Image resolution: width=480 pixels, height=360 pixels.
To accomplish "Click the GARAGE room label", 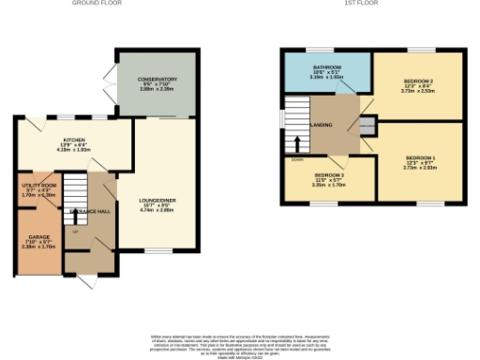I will tap(38, 237).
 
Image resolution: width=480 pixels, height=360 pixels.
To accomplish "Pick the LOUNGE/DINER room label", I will tap(154, 200).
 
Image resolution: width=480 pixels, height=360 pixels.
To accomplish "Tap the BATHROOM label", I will tap(327, 67).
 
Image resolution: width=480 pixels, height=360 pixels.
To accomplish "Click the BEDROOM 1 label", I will tap(419, 157).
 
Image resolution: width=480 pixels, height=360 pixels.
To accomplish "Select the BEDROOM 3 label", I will tap(330, 175).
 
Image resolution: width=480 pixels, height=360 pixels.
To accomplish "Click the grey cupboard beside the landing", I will tap(367, 126).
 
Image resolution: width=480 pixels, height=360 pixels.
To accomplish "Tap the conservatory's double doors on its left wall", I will tap(110, 81).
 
